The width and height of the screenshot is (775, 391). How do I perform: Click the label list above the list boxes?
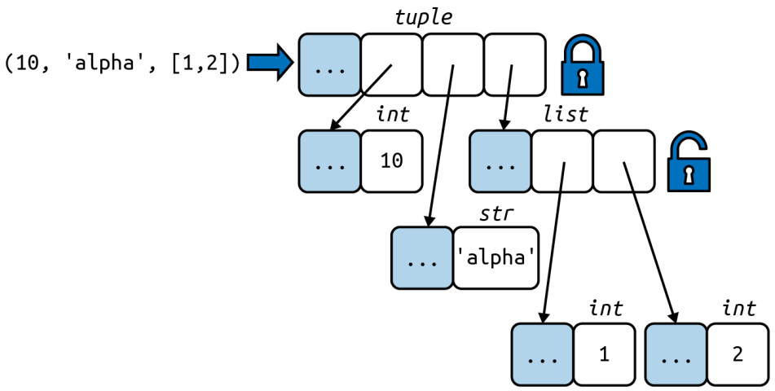(565, 114)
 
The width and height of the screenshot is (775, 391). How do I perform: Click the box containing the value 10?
(391, 161)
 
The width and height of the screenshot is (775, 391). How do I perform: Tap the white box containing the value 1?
(603, 354)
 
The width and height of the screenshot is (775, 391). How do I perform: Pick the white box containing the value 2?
(738, 354)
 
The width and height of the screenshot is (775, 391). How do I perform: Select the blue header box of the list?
(500, 161)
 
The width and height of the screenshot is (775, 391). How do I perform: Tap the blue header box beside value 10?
(329, 161)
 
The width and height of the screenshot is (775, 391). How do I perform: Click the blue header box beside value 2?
(675, 354)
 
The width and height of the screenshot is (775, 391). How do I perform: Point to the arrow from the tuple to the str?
(440, 147)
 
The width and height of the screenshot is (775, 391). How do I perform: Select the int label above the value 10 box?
(392, 114)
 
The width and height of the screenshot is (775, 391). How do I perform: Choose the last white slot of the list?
(624, 161)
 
